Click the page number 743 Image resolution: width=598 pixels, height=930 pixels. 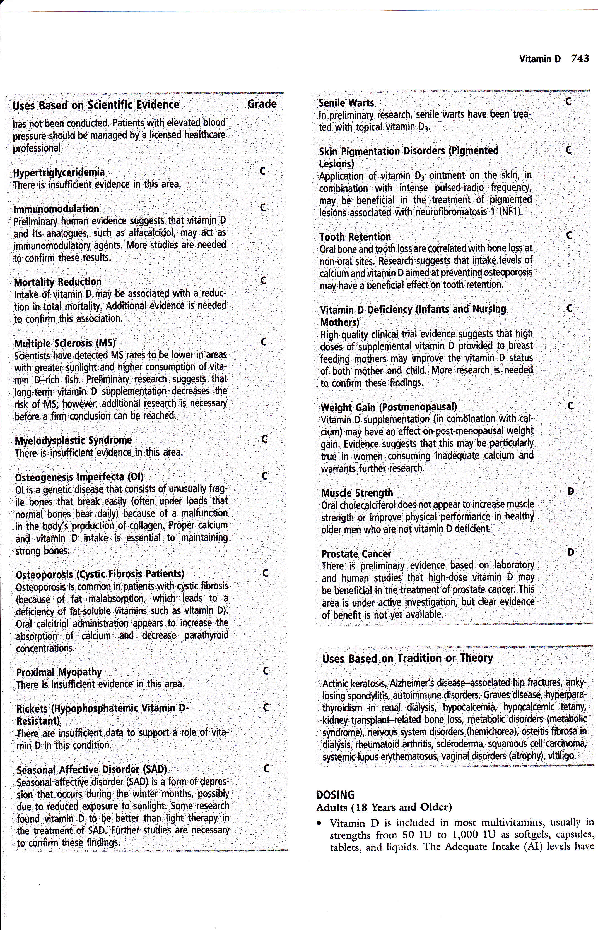pos(580,59)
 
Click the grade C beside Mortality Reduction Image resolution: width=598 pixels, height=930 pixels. pos(263,281)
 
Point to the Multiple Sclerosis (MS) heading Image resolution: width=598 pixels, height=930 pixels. pos(65,343)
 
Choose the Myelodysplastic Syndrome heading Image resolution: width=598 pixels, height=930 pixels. pos(73,440)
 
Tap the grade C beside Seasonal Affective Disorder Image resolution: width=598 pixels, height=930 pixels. pos(266,769)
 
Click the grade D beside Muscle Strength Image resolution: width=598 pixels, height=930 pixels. pos(570,492)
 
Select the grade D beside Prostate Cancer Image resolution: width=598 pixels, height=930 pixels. pos(570,552)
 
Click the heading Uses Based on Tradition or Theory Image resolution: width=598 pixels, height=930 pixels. pos(407,658)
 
